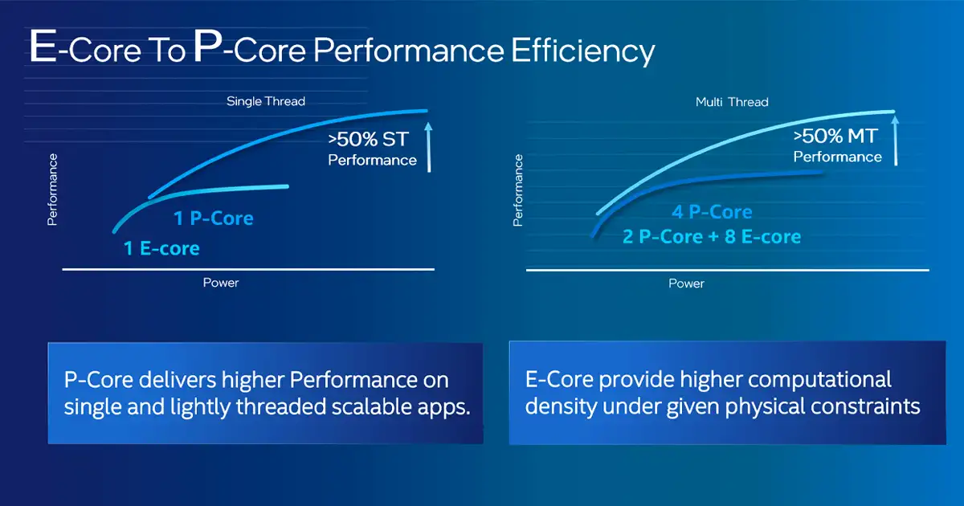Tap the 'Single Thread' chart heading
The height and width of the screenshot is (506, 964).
[x=266, y=101]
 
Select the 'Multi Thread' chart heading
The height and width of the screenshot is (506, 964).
[x=732, y=102]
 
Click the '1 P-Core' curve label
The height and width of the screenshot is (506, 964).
[x=214, y=218]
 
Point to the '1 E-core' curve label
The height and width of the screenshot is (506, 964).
[x=161, y=248]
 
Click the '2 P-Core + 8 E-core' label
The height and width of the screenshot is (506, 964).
[x=711, y=237]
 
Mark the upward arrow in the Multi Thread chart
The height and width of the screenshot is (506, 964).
[x=897, y=141]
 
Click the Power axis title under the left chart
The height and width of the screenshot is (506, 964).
[x=221, y=283]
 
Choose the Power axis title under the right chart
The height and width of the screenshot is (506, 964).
[x=686, y=284]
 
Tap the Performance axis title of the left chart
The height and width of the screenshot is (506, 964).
[x=53, y=190]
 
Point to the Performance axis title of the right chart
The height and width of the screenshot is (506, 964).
[x=518, y=190]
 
